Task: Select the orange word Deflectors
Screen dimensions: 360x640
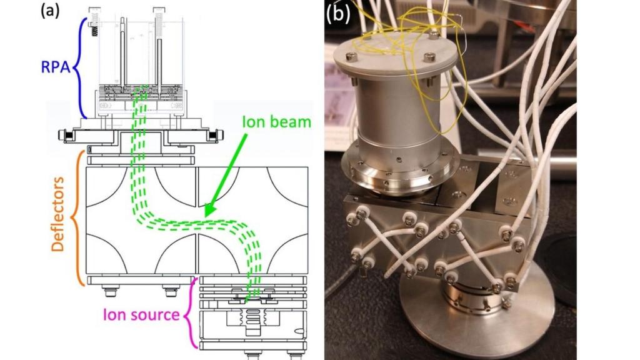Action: tap(57, 214)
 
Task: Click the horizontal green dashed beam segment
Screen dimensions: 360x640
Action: tap(200, 222)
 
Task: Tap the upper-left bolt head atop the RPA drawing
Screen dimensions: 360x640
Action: tap(94, 11)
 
